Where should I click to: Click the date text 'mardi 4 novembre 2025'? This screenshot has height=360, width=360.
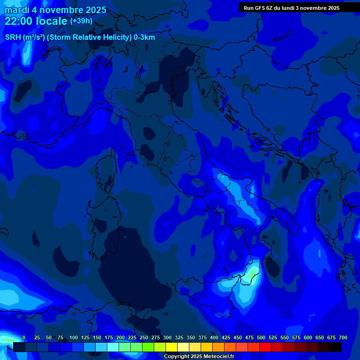click(55, 10)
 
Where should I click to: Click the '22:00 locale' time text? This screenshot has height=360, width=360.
click(37, 21)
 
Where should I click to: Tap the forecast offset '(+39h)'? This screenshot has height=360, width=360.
click(81, 21)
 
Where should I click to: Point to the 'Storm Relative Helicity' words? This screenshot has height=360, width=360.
click(90, 37)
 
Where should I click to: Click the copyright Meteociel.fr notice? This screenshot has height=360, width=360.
click(199, 357)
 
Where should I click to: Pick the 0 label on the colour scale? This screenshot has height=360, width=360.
click(24, 338)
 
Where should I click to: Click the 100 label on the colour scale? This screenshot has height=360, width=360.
click(74, 338)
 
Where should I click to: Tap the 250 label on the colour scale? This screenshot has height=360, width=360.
click(144, 338)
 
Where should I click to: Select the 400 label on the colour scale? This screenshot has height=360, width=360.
click(214, 338)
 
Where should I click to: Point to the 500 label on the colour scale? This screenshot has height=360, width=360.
click(261, 338)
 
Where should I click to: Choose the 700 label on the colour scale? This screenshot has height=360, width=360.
click(343, 338)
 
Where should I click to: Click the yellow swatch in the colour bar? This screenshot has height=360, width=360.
click(172, 347)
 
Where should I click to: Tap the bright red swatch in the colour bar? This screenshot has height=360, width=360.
click(265, 347)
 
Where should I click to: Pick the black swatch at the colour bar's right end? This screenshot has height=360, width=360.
click(336, 347)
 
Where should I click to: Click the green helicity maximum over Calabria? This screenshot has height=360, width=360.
click(253, 272)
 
